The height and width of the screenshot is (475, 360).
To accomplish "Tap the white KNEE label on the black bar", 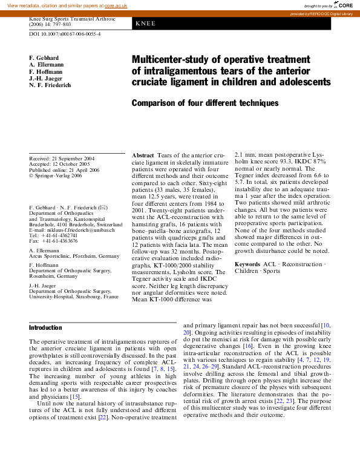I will [x=146, y=24].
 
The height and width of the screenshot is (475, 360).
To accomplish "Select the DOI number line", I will [x=65, y=34].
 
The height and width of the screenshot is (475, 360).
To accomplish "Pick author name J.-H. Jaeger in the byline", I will [x=45, y=79].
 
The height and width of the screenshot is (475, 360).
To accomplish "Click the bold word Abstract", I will [x=143, y=156].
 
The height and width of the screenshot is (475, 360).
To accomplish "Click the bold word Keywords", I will [x=247, y=264].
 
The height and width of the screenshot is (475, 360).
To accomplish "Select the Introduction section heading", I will [x=45, y=327].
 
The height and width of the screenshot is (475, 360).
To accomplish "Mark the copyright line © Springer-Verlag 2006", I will [x=56, y=176].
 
